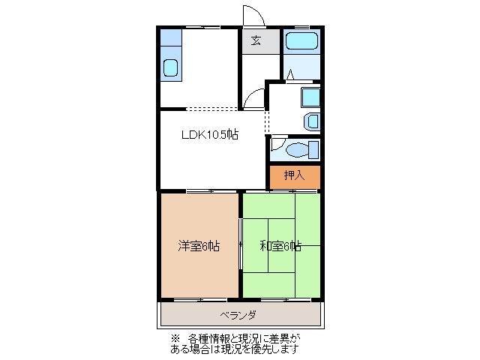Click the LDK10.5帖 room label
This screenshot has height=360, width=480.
tap(209, 135)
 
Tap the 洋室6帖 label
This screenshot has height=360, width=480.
tap(199, 245)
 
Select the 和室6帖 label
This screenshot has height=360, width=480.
tap(280, 245)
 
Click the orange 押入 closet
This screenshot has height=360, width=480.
tap(295, 176)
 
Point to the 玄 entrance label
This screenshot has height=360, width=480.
tap(256, 40)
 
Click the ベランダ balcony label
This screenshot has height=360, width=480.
tap(238, 314)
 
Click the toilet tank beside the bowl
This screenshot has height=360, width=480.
tap(313, 149)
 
